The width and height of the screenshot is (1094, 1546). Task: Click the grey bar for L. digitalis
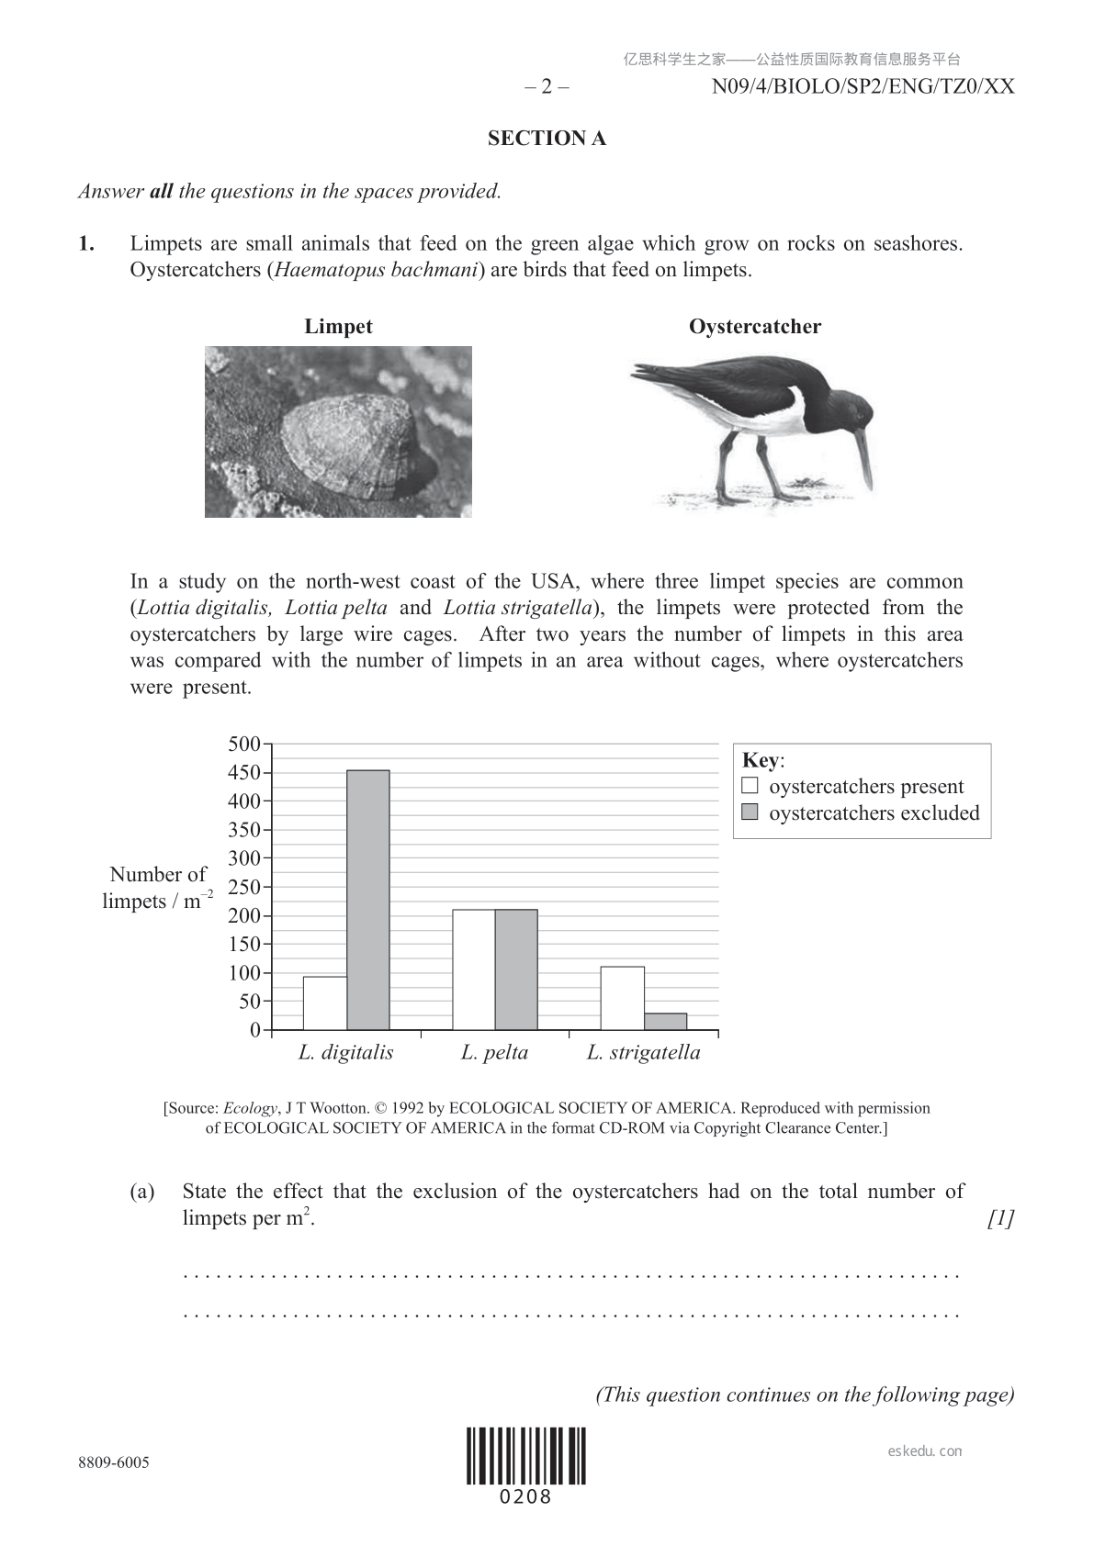coord(368,900)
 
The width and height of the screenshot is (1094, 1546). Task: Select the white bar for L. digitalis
coord(325,1003)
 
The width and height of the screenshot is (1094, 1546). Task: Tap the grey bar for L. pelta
coord(516,969)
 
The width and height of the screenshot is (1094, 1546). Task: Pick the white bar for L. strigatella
coord(622,998)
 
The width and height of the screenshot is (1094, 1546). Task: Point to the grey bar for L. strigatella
coord(665,1021)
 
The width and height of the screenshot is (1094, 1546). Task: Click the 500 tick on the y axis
coord(244,744)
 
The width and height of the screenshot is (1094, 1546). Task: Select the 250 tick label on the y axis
coord(244,887)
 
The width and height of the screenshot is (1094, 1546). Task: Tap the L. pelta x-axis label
coord(494,1052)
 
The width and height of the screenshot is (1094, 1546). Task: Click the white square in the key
coord(750,786)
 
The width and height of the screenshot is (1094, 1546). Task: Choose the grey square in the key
coord(750,812)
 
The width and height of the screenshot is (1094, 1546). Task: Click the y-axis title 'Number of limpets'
coord(157,888)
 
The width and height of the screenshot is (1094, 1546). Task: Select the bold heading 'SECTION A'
coord(547,139)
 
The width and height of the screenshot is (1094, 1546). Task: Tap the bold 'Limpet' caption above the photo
coord(338,327)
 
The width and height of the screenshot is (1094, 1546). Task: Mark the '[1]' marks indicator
coord(1000,1218)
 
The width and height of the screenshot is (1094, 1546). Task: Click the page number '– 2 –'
coord(547,87)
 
